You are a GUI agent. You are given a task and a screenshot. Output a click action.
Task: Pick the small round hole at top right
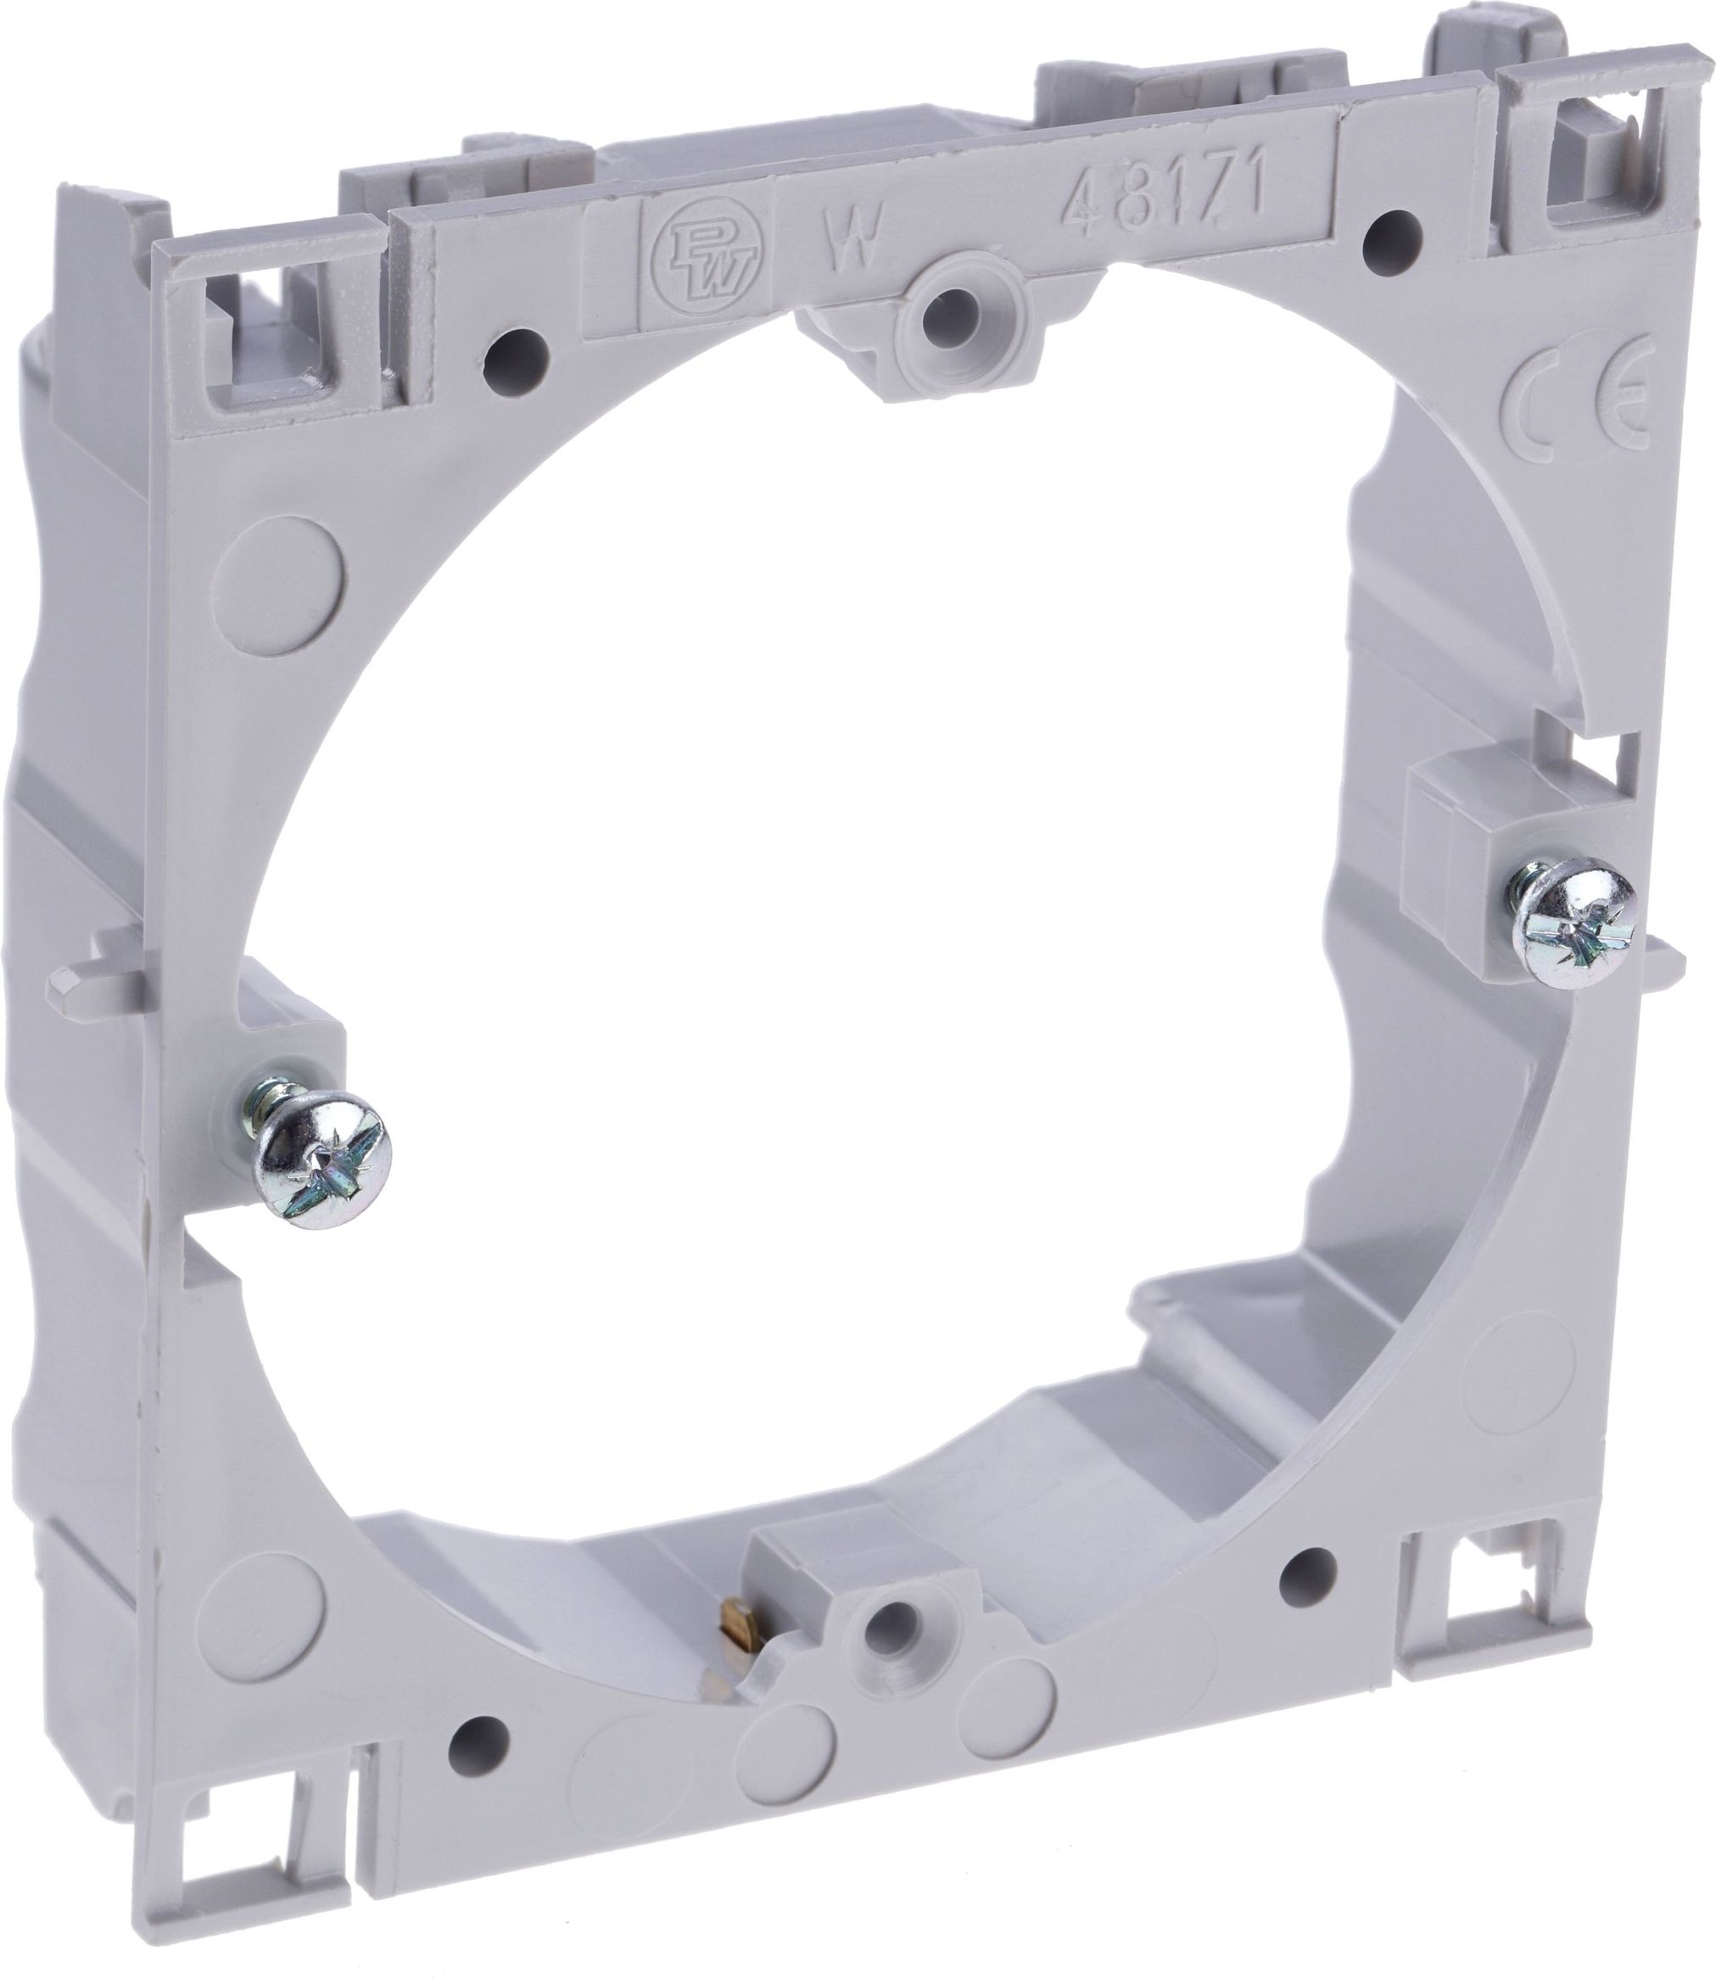point(1389,229)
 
